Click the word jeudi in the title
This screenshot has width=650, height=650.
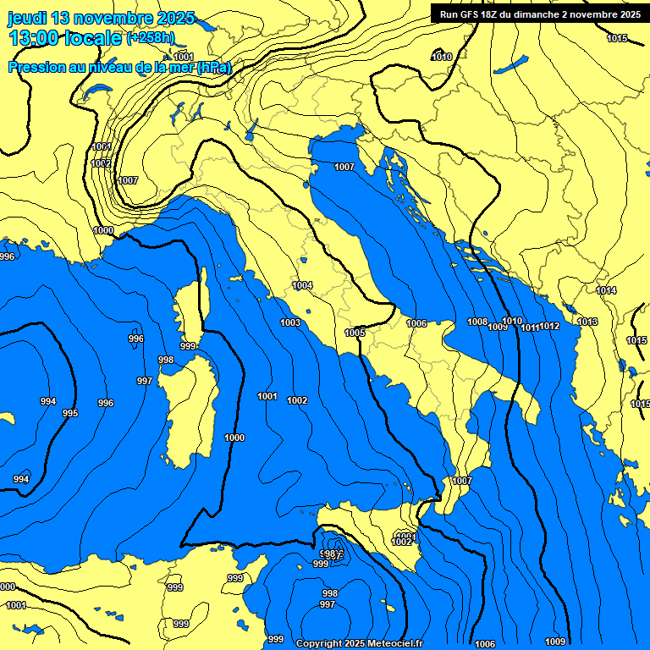tap(28, 18)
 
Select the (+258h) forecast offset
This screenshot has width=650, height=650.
tap(151, 38)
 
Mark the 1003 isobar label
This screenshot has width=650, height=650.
tap(290, 322)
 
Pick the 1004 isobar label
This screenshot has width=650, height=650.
tap(302, 285)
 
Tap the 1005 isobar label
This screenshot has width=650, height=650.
tap(355, 333)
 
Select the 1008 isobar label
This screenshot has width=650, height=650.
tap(477, 322)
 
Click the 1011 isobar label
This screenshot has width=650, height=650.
tap(531, 327)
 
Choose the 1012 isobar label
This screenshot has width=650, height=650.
tap(550, 326)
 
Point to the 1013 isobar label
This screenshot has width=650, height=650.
tap(587, 322)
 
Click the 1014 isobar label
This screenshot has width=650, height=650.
tap(606, 290)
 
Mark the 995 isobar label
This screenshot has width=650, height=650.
tap(69, 413)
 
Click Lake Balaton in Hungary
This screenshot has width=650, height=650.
tap(511, 64)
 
